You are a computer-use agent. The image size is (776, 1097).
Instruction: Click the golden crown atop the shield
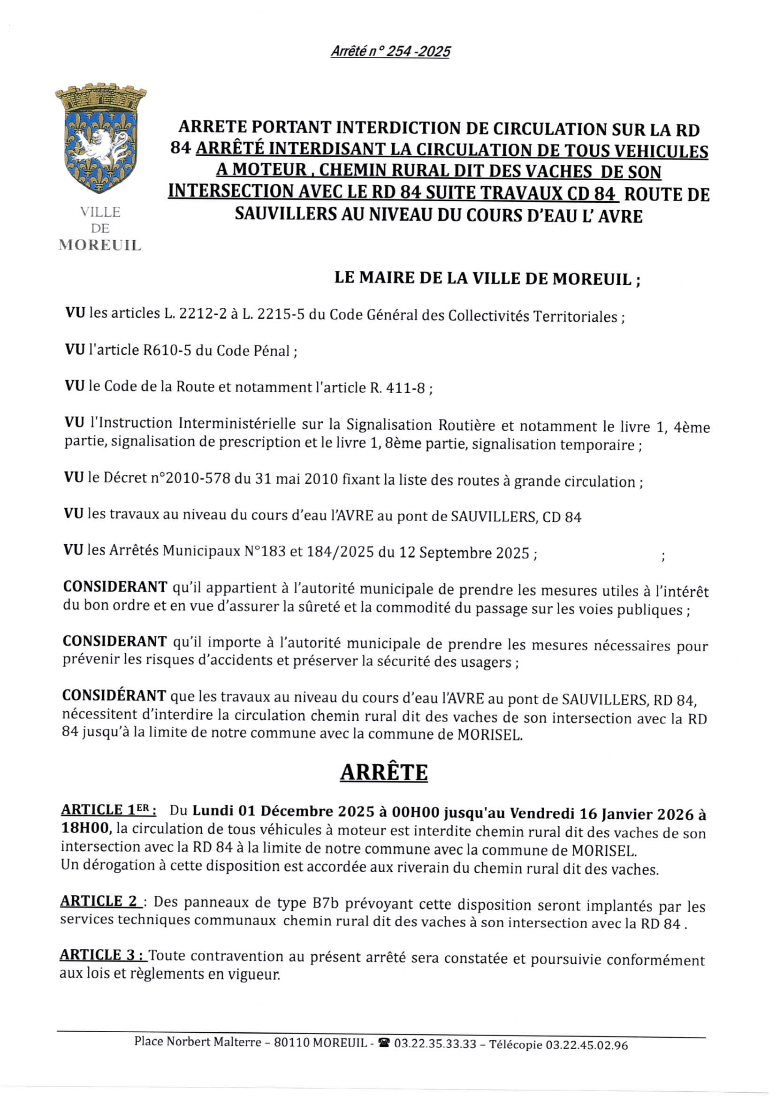pos(100,98)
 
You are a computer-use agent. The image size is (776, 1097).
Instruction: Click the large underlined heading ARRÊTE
pos(384,773)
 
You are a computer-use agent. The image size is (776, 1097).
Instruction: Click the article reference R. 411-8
pos(397,388)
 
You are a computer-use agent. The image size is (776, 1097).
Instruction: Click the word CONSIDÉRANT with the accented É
pos(114,695)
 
